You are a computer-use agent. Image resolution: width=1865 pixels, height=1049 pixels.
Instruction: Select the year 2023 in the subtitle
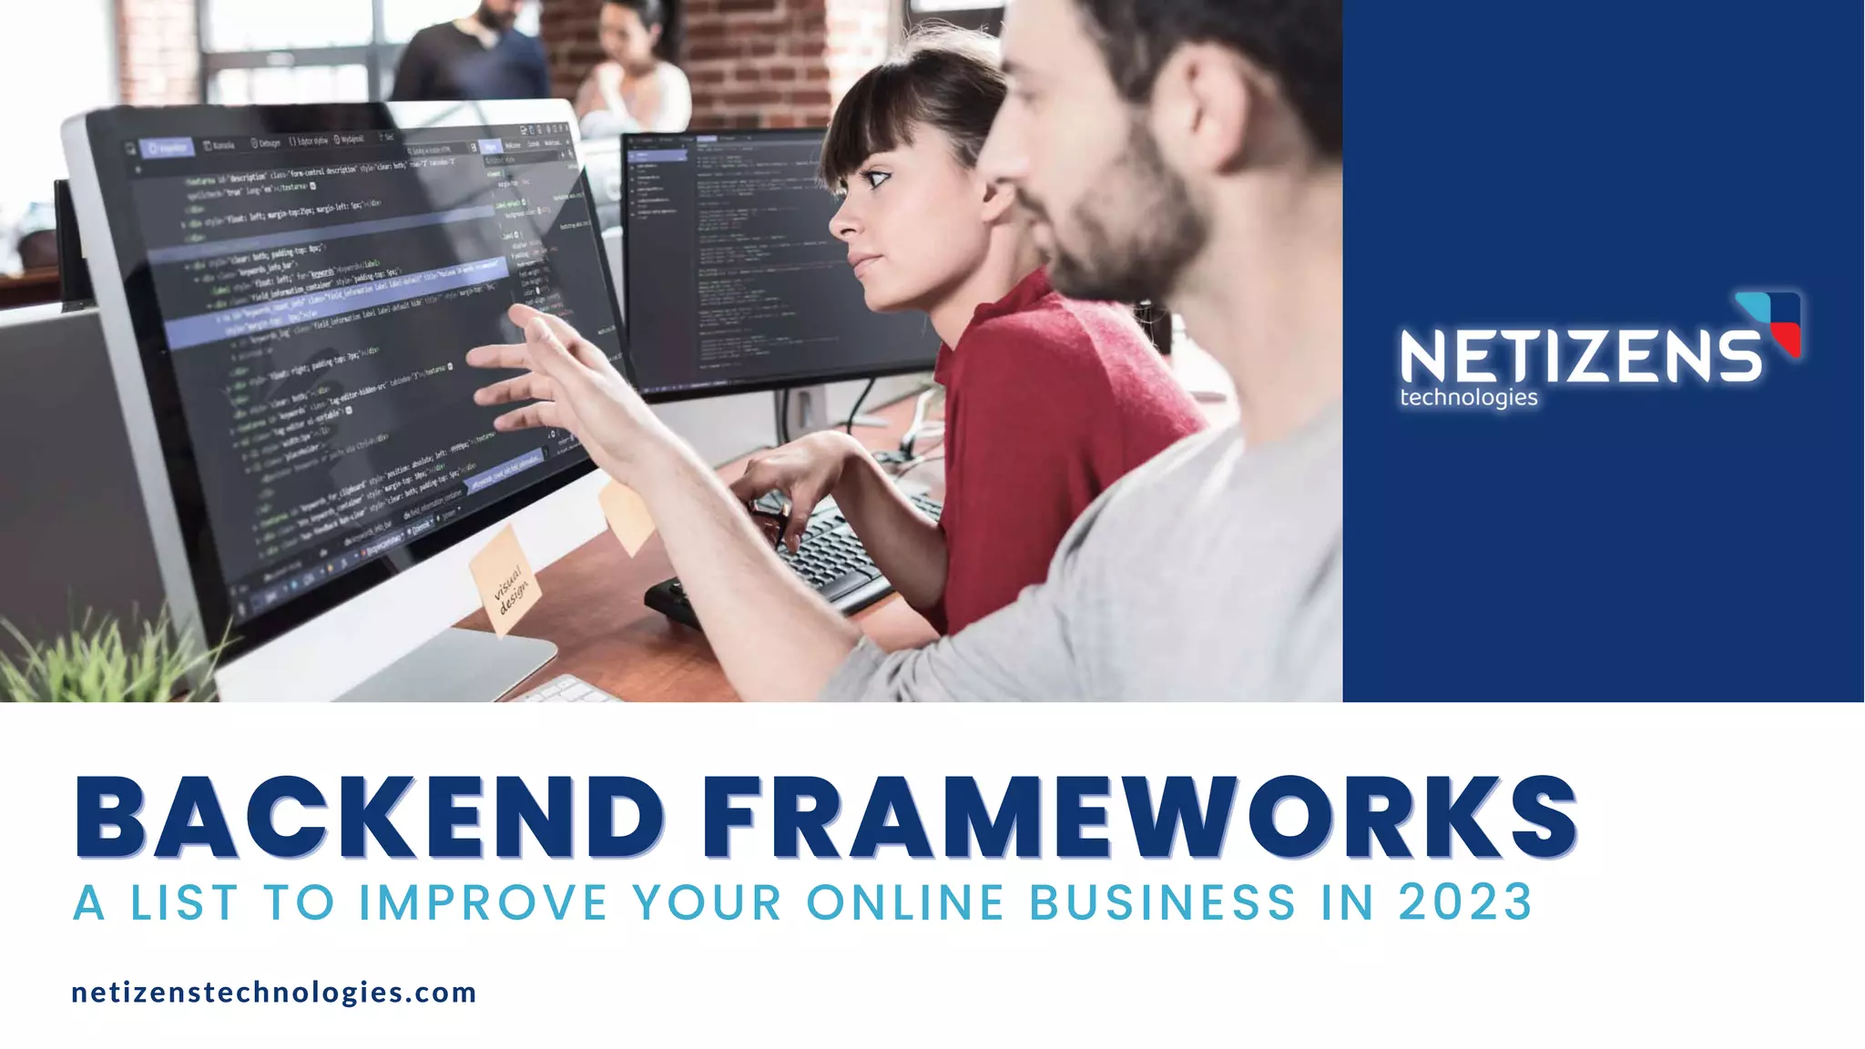pyautogui.click(x=1465, y=902)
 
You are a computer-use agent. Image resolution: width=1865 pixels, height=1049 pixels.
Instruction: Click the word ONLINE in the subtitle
pyautogui.click(x=905, y=902)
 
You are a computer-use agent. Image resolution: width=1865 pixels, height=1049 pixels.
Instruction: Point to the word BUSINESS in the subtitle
pyautogui.click(x=1162, y=902)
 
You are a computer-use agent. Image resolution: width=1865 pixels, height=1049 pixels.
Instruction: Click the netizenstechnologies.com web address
pyautogui.click(x=274, y=992)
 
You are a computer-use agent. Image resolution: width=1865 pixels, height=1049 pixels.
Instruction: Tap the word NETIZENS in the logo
pyautogui.click(x=1581, y=356)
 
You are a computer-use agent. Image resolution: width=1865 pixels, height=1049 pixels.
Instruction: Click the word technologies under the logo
pyautogui.click(x=1468, y=398)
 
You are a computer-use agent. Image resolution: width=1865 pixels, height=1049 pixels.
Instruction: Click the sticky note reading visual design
pyautogui.click(x=505, y=584)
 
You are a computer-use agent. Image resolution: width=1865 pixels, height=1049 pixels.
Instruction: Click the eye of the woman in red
pyautogui.click(x=876, y=179)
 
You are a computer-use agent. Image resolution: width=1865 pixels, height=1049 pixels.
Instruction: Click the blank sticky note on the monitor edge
pyautogui.click(x=627, y=514)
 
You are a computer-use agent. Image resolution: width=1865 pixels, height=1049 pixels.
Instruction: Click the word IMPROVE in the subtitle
pyautogui.click(x=483, y=902)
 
